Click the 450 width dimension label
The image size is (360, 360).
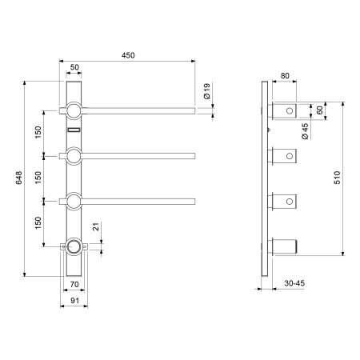click(128, 55)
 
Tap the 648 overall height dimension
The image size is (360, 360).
click(18, 178)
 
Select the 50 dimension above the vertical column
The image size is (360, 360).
click(74, 67)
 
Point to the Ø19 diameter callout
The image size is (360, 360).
click(207, 91)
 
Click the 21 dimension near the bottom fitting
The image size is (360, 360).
click(96, 226)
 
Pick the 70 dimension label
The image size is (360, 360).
click(74, 284)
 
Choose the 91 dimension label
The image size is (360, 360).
click(74, 301)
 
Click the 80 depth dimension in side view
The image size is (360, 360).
click(285, 76)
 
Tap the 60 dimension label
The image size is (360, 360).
click(319, 110)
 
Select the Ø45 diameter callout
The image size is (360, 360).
click(305, 131)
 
